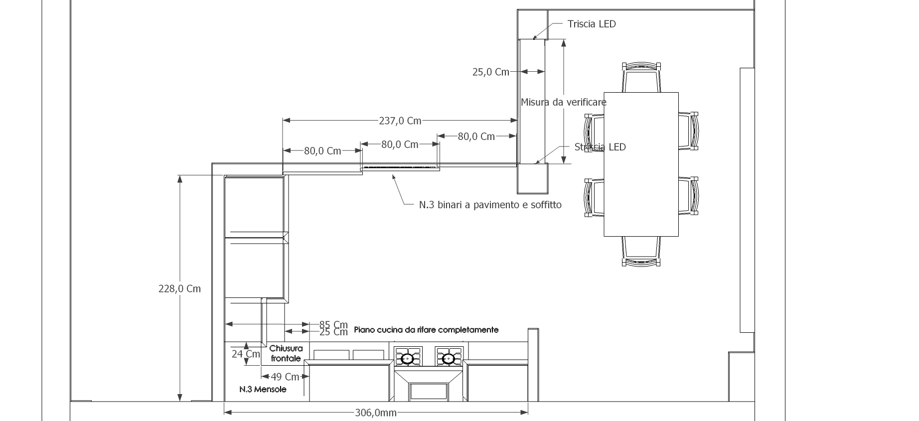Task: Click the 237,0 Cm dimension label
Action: pyautogui.click(x=400, y=121)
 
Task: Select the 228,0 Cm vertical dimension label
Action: pyautogui.click(x=179, y=288)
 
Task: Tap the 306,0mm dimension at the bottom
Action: pyautogui.click(x=376, y=413)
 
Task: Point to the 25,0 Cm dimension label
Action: pyautogui.click(x=491, y=72)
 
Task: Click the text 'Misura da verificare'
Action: pyautogui.click(x=564, y=102)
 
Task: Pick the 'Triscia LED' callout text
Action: pyautogui.click(x=592, y=24)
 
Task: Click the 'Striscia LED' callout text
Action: pyautogui.click(x=600, y=147)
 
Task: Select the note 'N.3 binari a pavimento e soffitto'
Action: pyautogui.click(x=490, y=205)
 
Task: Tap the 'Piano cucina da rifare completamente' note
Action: pyautogui.click(x=426, y=330)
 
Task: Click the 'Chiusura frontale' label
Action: pyautogui.click(x=286, y=353)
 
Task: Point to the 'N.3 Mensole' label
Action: pyautogui.click(x=263, y=389)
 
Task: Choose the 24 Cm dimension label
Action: pyautogui.click(x=246, y=354)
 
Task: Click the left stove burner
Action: pyautogui.click(x=408, y=358)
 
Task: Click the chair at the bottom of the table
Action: pyautogui.click(x=641, y=251)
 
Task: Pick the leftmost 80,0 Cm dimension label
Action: pyautogui.click(x=322, y=150)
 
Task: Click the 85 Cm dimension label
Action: pyautogui.click(x=333, y=325)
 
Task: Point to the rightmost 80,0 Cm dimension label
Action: pyautogui.click(x=476, y=136)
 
